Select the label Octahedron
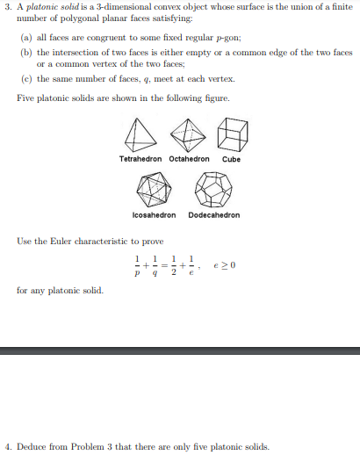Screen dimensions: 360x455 coord(189,159)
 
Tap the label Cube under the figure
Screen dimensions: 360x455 coord(232,159)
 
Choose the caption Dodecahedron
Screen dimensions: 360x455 coord(214,214)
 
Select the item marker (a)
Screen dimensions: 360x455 coord(24,40)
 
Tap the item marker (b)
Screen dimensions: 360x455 coord(24,53)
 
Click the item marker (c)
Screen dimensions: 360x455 coord(24,79)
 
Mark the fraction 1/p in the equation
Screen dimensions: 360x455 coord(138,264)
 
